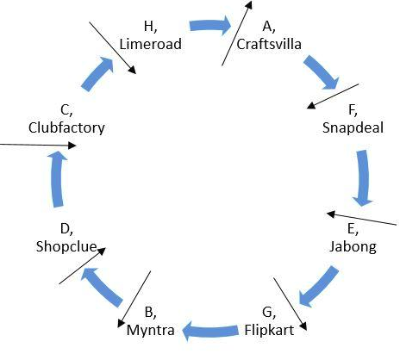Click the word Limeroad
click(x=150, y=44)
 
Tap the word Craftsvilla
click(x=269, y=44)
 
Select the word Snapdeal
click(x=353, y=127)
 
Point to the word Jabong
click(x=353, y=247)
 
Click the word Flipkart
click(x=269, y=330)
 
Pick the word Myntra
click(x=150, y=331)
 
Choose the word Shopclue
click(x=66, y=246)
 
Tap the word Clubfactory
click(x=66, y=127)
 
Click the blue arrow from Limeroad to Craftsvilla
click(x=210, y=26)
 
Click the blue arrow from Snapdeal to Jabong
click(x=363, y=178)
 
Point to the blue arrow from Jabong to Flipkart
click(x=318, y=287)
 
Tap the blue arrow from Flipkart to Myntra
click(x=210, y=331)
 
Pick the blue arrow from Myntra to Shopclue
click(x=101, y=288)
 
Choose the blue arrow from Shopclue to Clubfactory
click(x=58, y=179)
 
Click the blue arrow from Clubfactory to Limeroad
click(x=97, y=74)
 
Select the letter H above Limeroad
click(x=150, y=26)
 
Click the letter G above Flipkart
click(x=268, y=313)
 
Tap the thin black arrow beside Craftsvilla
click(x=237, y=33)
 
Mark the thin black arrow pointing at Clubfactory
click(x=38, y=145)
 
